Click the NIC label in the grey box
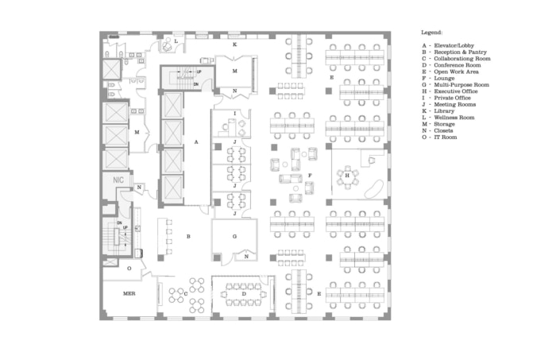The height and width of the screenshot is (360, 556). pyautogui.click(x=118, y=180)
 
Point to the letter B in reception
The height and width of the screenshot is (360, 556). pyautogui.click(x=188, y=236)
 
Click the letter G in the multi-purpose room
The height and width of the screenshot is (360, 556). pyautogui.click(x=235, y=237)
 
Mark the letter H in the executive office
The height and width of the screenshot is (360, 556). pyautogui.click(x=348, y=173)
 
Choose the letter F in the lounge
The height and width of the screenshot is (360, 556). pyautogui.click(x=310, y=174)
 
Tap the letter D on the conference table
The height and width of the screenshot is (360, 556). pyautogui.click(x=243, y=293)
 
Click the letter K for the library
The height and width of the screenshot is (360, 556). pyautogui.click(x=234, y=45)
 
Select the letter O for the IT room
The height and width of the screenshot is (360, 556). pyautogui.click(x=129, y=269)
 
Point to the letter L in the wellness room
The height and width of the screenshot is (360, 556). pyautogui.click(x=176, y=40)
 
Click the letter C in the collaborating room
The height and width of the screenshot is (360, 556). pyautogui.click(x=186, y=293)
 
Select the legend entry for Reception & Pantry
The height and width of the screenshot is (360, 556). pyautogui.click(x=454, y=52)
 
